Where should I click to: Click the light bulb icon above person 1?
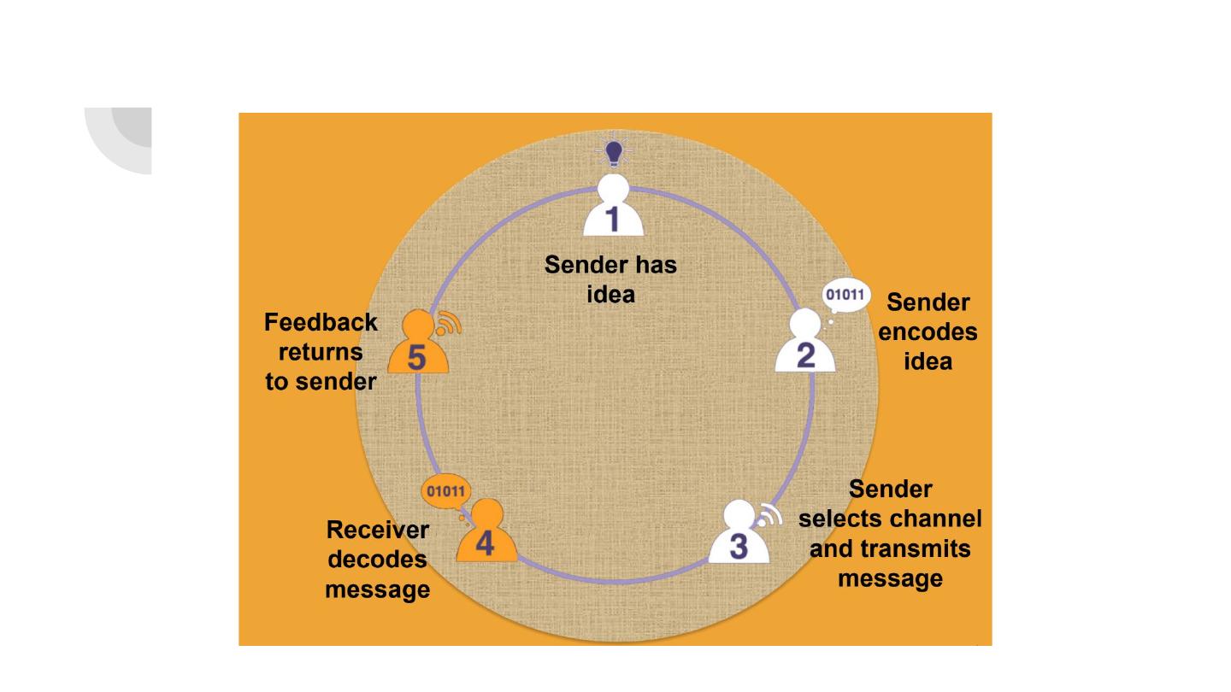613,152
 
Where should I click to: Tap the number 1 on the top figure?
612,219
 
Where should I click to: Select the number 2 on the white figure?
805,355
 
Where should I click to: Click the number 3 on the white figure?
739,547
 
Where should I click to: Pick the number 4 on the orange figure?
485,543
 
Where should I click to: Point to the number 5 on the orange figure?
416,357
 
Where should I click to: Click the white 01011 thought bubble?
845,296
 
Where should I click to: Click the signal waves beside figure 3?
769,515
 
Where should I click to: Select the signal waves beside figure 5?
449,324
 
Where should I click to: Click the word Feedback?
321,322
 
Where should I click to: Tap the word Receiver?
378,530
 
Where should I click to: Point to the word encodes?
928,332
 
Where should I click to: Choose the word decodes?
378,560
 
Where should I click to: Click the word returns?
321,353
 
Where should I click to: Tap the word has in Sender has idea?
657,265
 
